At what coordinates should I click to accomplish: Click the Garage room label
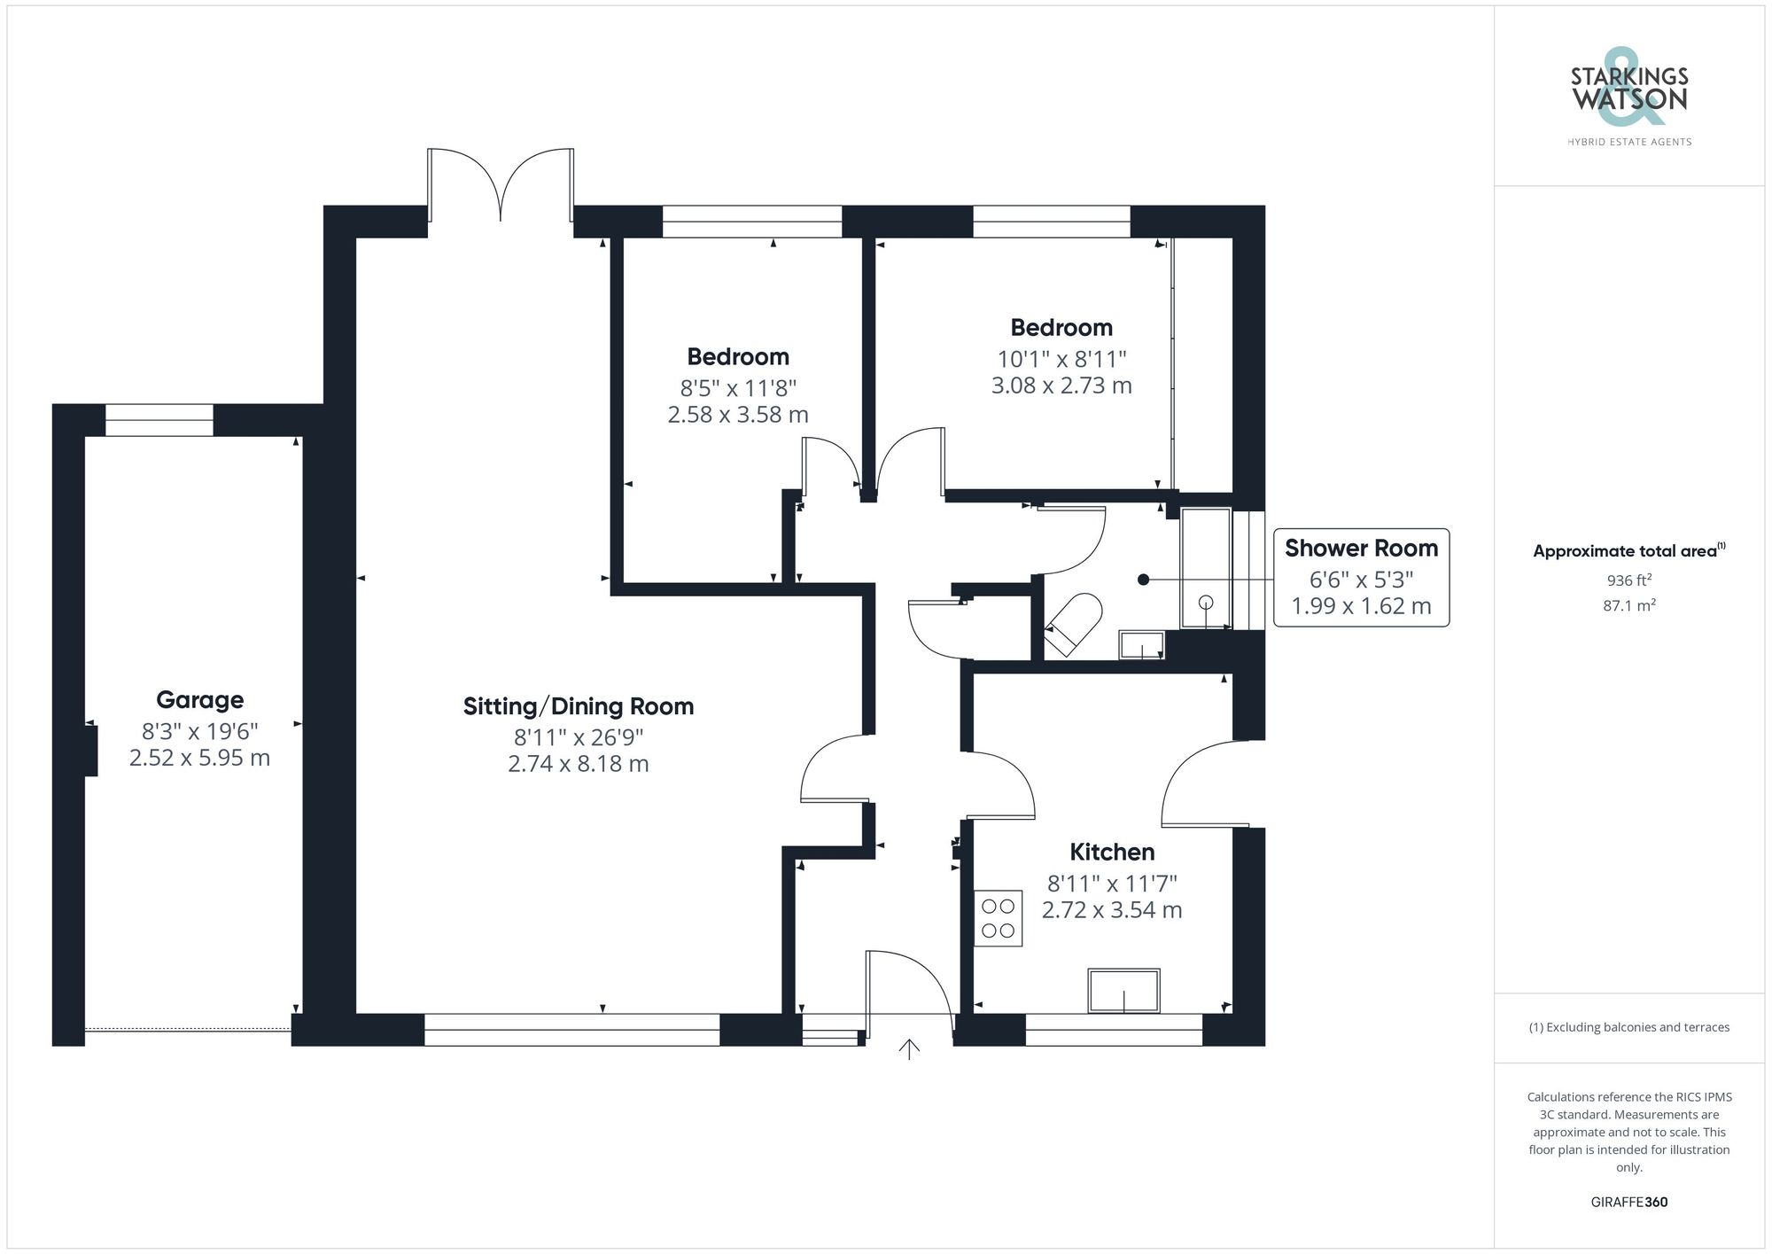click(x=199, y=700)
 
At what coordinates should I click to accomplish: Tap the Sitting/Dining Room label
click(x=578, y=706)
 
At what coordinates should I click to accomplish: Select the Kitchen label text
click(x=1112, y=852)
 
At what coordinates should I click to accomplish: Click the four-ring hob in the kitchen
click(x=998, y=919)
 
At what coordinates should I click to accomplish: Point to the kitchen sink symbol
click(x=1123, y=991)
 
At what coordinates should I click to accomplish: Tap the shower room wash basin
click(x=1141, y=645)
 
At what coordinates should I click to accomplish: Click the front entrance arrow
click(x=909, y=1049)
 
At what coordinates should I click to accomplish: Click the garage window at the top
click(x=159, y=420)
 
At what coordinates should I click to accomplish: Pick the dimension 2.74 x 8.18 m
click(x=578, y=764)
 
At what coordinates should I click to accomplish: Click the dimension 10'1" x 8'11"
click(x=1061, y=359)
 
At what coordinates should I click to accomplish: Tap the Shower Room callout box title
click(x=1361, y=549)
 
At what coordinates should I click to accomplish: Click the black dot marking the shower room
click(x=1143, y=580)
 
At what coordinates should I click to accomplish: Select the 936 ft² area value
click(x=1628, y=580)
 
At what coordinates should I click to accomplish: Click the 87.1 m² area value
click(x=1628, y=605)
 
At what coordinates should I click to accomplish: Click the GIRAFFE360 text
click(x=1628, y=1202)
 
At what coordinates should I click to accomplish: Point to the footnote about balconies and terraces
click(x=1628, y=1027)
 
